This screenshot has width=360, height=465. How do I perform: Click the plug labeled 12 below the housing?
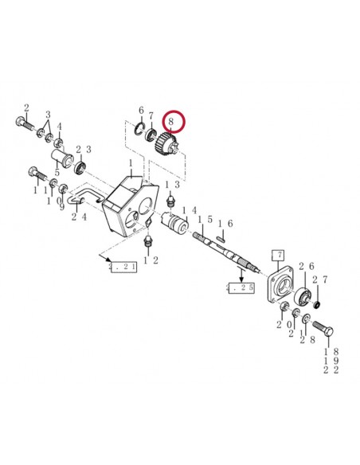[x=147, y=240]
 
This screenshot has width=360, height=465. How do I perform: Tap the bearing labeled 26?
[x=303, y=299]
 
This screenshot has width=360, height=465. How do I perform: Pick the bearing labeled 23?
[x=80, y=168]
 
